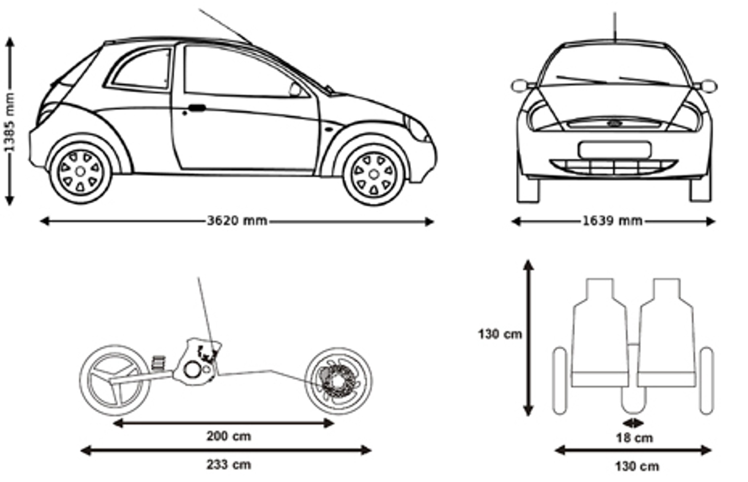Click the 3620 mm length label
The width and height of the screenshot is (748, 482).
[237, 221]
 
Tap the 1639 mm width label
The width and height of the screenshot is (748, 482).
[612, 221]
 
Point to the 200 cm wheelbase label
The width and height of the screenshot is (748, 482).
[228, 436]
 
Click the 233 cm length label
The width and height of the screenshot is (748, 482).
[228, 465]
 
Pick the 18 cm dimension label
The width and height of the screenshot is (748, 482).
[634, 438]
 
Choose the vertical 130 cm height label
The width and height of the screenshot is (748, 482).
[500, 334]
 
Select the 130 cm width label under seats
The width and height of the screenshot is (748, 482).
[637, 466]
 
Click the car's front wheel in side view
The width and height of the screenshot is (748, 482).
[374, 174]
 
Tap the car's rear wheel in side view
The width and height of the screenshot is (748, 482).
[80, 171]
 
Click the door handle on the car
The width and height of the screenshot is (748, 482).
[197, 108]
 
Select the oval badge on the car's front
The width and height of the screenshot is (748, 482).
[615, 123]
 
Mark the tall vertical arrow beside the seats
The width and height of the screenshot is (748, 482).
[528, 338]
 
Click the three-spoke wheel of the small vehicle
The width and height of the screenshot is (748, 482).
[115, 381]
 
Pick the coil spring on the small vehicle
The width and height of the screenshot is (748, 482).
[159, 363]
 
